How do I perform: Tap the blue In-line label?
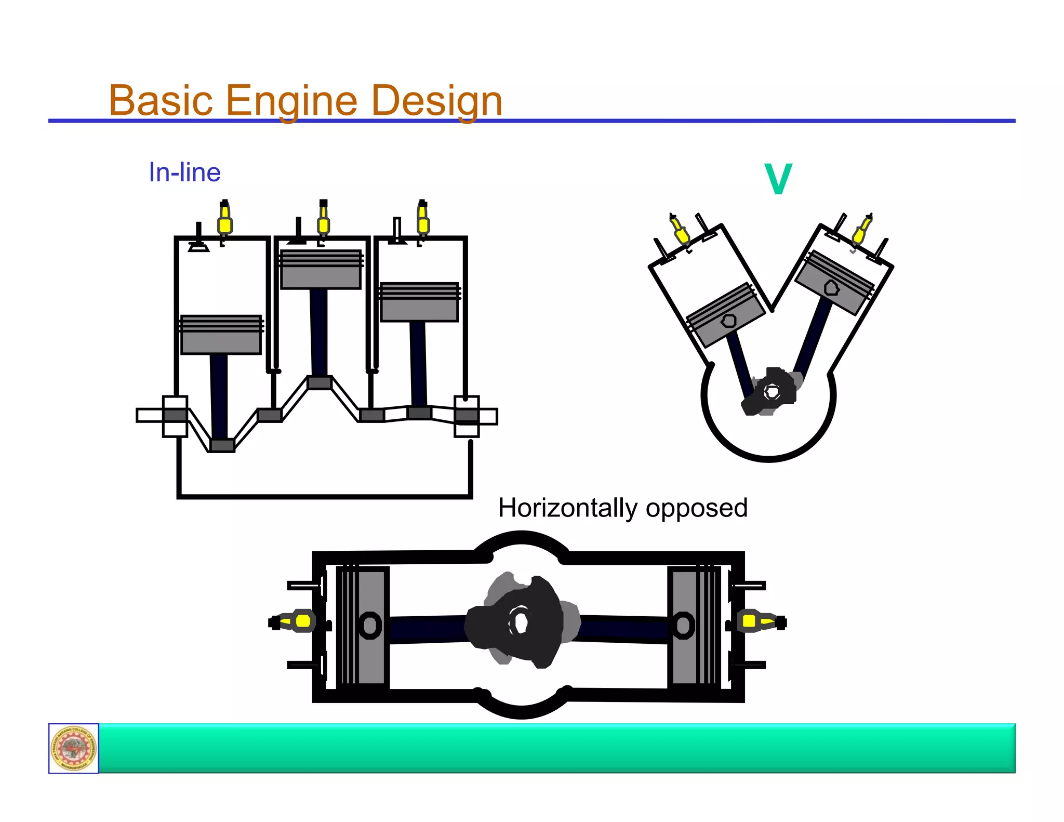tap(184, 173)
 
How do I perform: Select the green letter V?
tap(778, 179)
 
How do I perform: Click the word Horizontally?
tap(567, 508)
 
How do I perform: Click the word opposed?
tap(696, 509)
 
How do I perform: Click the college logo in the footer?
tap(74, 748)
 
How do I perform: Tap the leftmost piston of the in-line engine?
tap(221, 335)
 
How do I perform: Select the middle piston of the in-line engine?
tap(321, 270)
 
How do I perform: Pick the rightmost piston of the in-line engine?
tap(419, 302)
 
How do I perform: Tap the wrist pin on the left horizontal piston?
tap(370, 625)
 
